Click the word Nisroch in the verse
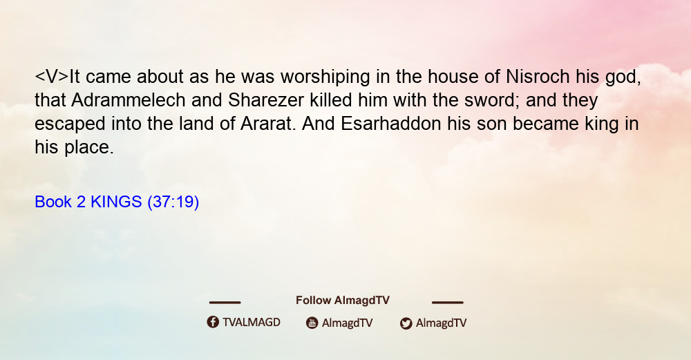(538, 77)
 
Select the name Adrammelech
(129, 100)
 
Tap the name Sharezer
(266, 100)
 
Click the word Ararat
(267, 124)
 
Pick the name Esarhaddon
(391, 124)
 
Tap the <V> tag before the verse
(52, 77)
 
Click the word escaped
(70, 124)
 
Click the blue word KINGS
(116, 202)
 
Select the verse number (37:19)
(173, 202)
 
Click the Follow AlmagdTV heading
(343, 301)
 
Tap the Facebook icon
(213, 322)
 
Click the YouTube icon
(312, 323)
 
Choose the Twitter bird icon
(406, 323)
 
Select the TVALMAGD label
(252, 323)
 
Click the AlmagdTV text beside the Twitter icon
(441, 323)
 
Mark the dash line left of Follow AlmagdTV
(225, 302)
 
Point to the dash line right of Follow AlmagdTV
(447, 302)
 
